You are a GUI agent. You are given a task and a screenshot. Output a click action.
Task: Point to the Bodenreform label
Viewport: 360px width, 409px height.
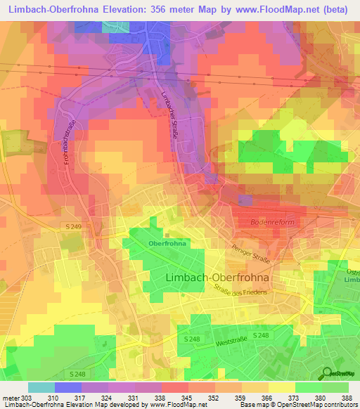tap(270, 221)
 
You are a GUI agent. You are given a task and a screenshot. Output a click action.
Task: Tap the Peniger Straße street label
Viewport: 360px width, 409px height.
tap(250, 254)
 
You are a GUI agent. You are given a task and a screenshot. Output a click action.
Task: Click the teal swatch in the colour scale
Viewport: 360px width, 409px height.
tap(41, 387)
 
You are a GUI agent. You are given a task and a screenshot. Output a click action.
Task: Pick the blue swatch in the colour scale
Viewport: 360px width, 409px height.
tap(67, 387)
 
